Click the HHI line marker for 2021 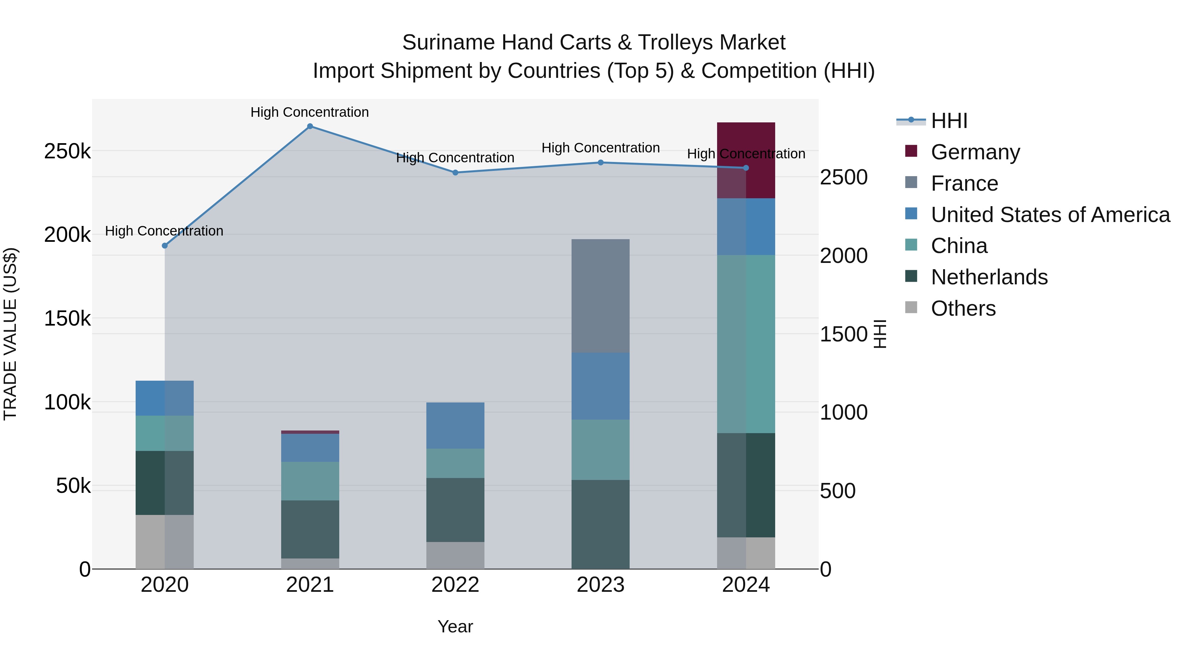tap(310, 126)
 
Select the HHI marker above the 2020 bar tap(165, 246)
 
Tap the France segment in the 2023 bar tap(601, 296)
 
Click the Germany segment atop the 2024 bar tap(746, 160)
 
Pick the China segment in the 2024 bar tap(746, 344)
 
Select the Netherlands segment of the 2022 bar tap(455, 510)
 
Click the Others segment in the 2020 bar tap(165, 542)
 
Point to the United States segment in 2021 tap(310, 448)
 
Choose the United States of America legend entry tap(1050, 215)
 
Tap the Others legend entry tap(963, 308)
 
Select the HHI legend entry tap(949, 121)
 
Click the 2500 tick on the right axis tap(843, 177)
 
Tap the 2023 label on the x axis tap(601, 585)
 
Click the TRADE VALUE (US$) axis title tap(11, 334)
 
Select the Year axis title tap(455, 626)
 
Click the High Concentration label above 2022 tap(455, 158)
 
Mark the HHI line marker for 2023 tap(601, 162)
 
